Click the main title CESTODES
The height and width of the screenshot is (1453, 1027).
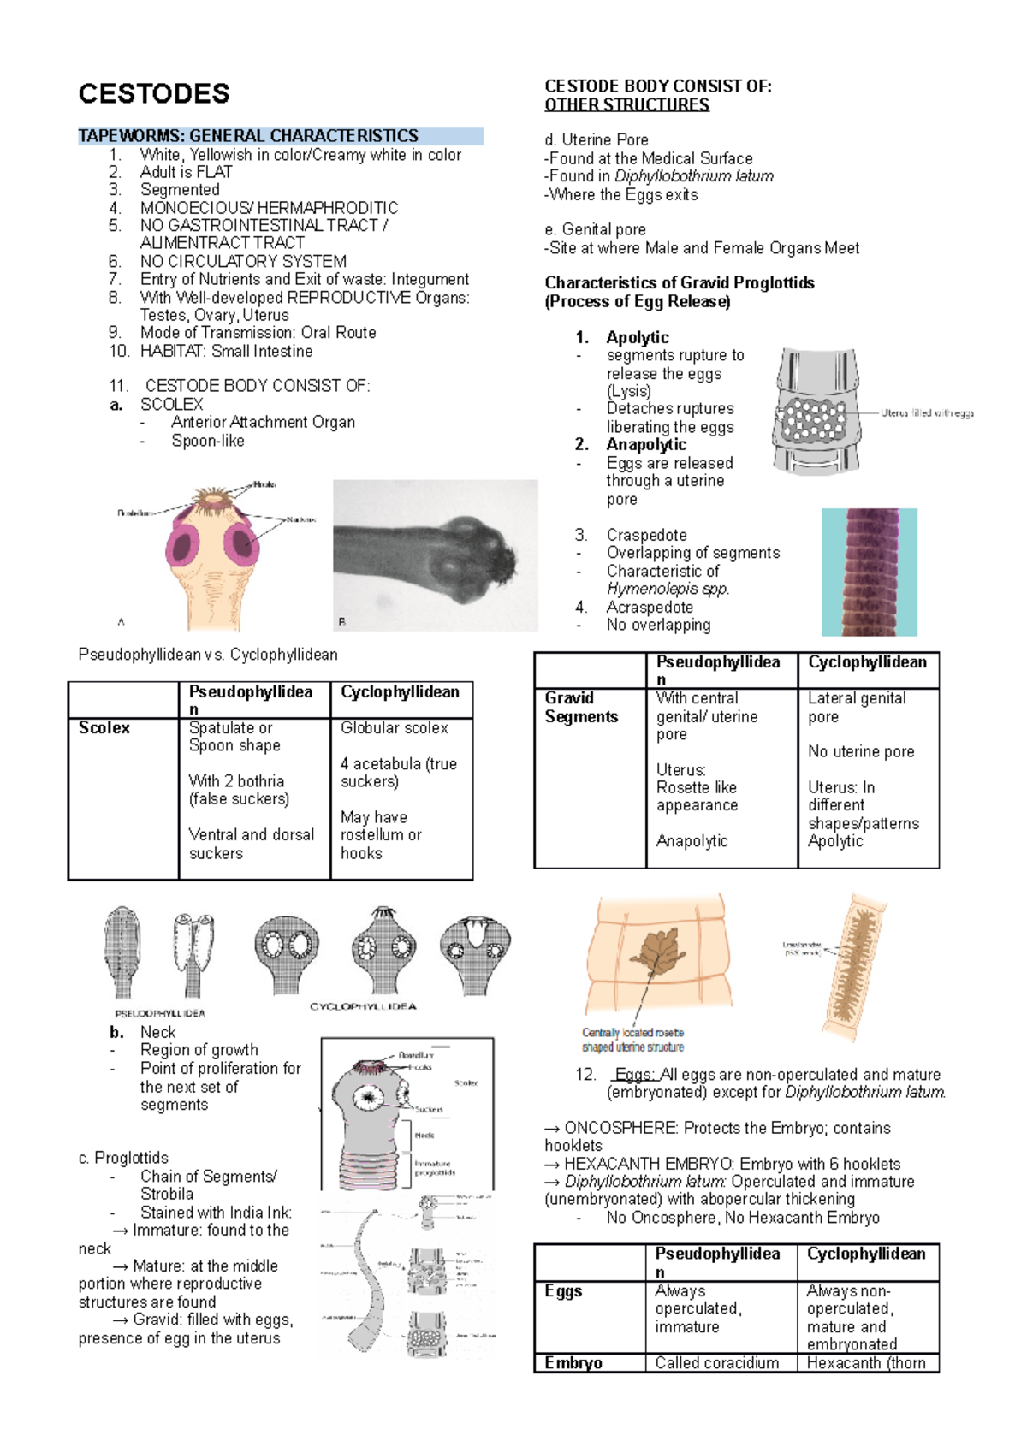click(154, 93)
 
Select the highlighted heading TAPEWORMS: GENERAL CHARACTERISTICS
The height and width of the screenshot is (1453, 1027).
click(248, 136)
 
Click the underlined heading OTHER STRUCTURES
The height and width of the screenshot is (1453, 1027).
click(626, 104)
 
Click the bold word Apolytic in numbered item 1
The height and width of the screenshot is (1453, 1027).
click(638, 337)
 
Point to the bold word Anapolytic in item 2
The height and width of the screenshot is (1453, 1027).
click(646, 444)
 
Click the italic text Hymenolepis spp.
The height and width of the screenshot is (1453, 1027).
click(668, 589)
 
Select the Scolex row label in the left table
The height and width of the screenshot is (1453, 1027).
click(104, 727)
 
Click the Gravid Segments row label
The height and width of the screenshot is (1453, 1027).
click(581, 707)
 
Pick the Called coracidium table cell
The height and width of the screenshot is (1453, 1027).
click(717, 1362)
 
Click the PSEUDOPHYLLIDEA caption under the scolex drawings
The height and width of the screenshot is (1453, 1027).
click(160, 1013)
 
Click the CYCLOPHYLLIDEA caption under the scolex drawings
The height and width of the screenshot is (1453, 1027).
click(363, 1006)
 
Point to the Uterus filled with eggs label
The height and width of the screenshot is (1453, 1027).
click(927, 412)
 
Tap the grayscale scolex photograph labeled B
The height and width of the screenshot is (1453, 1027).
click(435, 555)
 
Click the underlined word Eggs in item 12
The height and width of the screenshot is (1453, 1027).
click(635, 1074)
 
